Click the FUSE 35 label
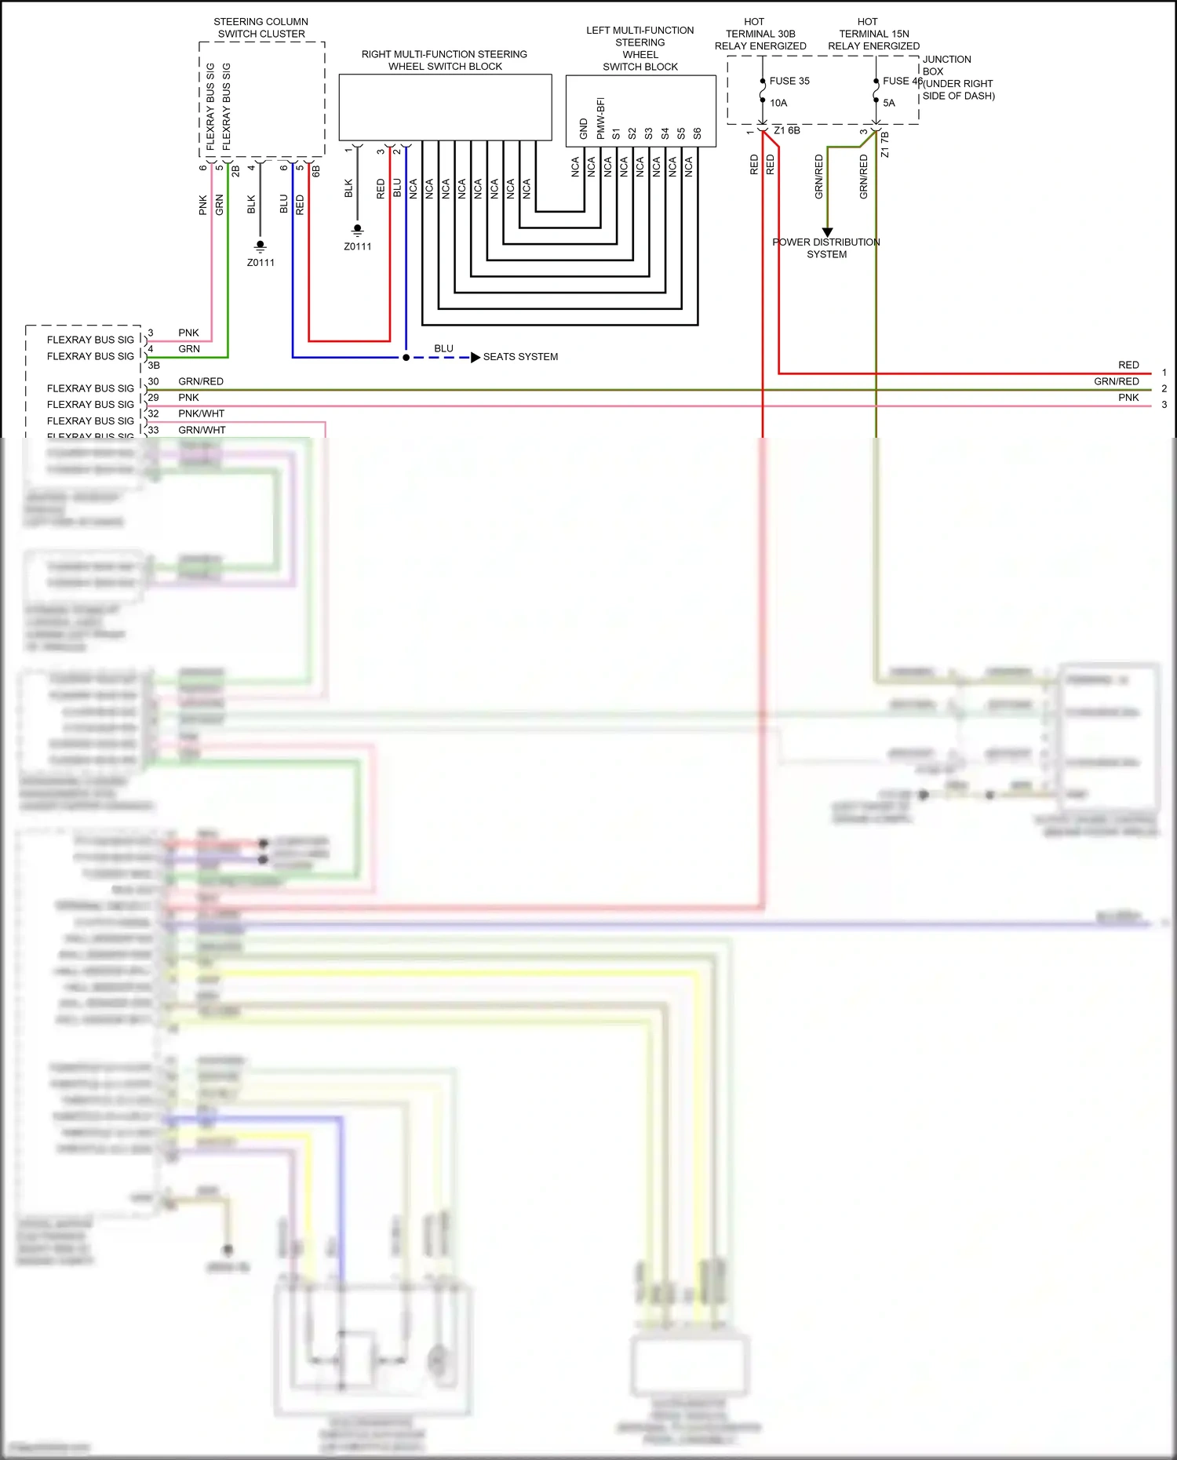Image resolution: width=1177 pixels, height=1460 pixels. click(x=789, y=81)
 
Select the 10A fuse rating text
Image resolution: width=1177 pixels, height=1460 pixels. click(x=778, y=103)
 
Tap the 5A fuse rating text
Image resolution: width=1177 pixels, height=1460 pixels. click(x=888, y=103)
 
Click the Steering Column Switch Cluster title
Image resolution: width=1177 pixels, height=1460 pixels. click(x=261, y=28)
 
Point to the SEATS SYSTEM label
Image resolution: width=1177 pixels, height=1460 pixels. click(x=520, y=357)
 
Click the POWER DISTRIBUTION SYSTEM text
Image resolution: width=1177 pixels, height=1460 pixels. click(x=826, y=248)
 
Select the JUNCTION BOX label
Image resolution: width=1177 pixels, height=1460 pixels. click(x=946, y=65)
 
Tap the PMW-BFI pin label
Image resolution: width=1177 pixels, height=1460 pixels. click(x=600, y=118)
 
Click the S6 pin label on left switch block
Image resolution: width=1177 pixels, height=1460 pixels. click(x=697, y=133)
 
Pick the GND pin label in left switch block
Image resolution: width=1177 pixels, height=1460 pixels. click(x=583, y=129)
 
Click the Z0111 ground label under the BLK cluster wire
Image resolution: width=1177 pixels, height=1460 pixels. click(x=261, y=263)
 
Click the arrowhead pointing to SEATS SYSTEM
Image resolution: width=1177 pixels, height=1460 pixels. click(x=476, y=358)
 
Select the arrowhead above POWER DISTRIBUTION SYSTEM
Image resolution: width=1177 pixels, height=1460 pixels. click(x=827, y=232)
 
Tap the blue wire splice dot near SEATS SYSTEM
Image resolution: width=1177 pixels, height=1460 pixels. click(x=406, y=358)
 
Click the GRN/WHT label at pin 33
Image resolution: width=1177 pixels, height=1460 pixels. click(x=202, y=430)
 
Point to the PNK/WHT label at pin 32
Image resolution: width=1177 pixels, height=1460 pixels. click(x=201, y=413)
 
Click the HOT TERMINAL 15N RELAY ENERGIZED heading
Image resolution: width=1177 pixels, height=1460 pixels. click(x=873, y=34)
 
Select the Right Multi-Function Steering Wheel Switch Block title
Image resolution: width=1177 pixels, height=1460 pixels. click(x=445, y=60)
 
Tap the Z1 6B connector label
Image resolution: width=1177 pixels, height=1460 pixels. click(x=786, y=130)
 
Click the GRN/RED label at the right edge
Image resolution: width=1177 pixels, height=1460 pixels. click(x=1116, y=381)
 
